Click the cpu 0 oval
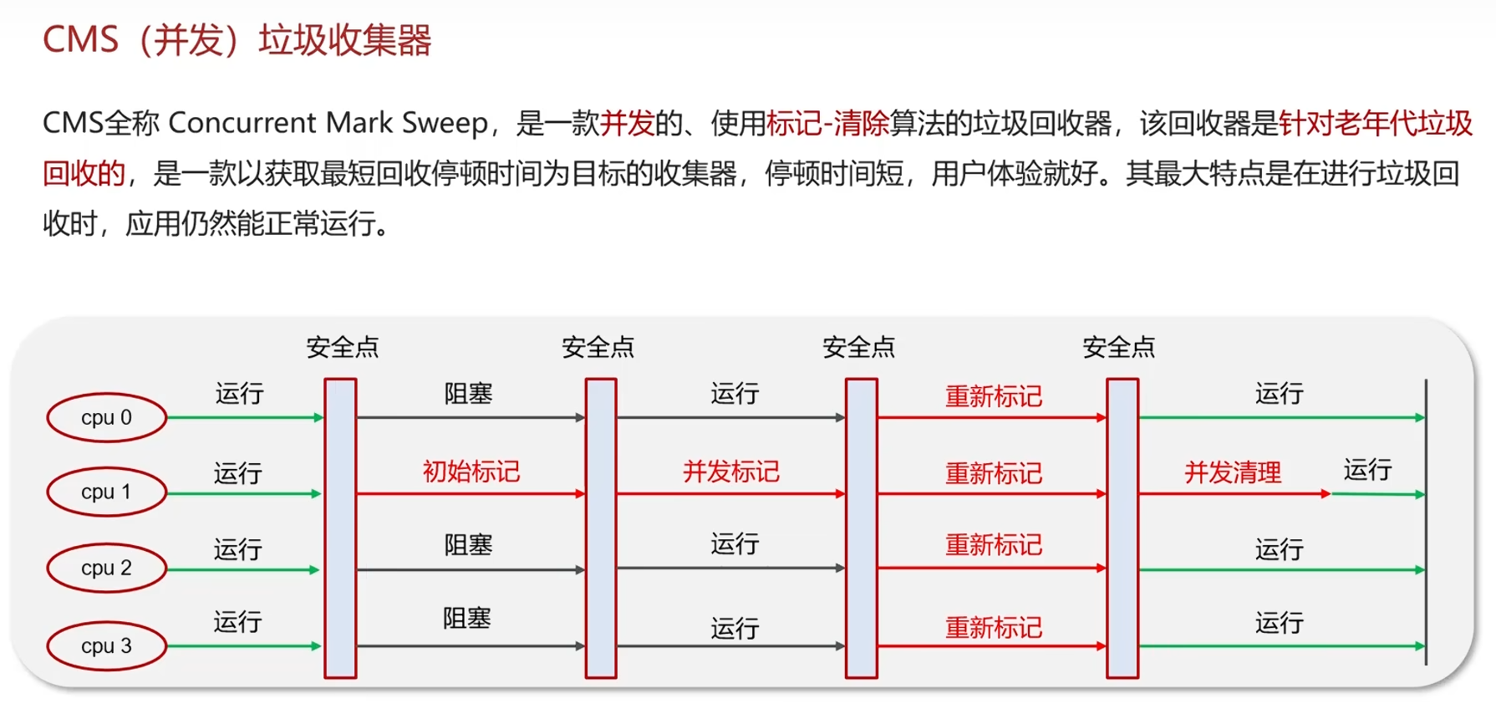pos(106,417)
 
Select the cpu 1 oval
pos(106,492)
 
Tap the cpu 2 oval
pos(106,568)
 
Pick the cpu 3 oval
pos(106,645)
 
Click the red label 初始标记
pos(471,472)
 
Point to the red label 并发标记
pos(731,472)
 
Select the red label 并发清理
pos(1233,472)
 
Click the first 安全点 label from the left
pos(342,347)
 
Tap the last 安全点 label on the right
pos(1118,347)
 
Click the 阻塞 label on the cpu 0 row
pos(468,393)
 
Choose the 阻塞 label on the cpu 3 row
pos(466,619)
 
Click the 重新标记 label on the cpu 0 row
pos(993,396)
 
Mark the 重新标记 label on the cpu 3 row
pos(993,627)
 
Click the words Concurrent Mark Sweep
pos(328,123)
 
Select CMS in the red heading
pos(80,40)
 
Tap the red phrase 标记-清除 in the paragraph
pos(827,124)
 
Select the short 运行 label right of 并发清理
pos(1367,470)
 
